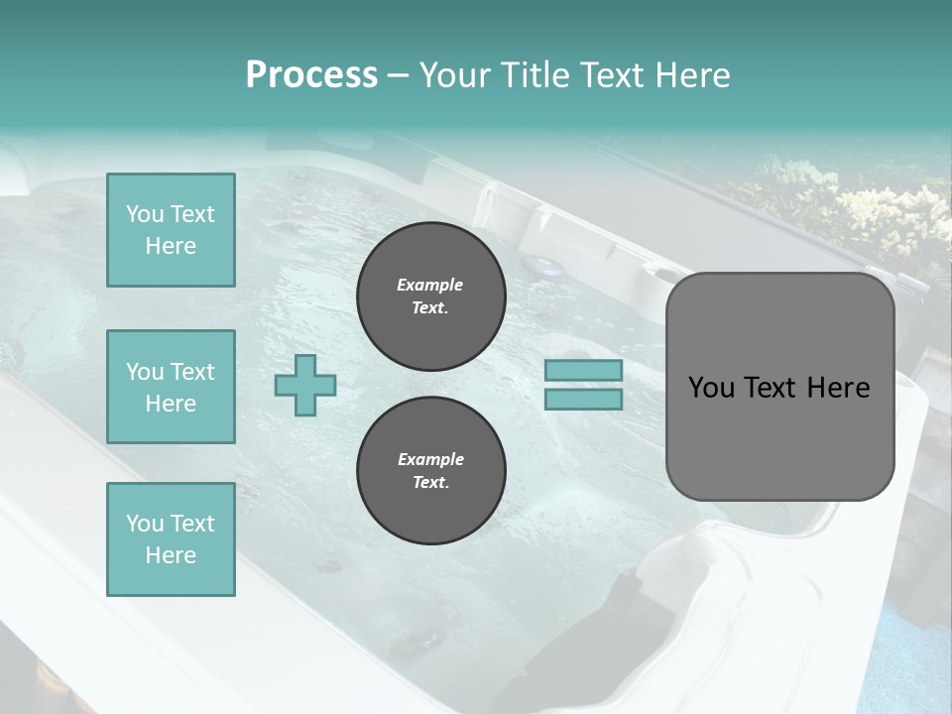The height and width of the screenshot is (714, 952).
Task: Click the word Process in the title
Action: [311, 75]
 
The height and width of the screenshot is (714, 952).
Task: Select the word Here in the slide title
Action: [688, 75]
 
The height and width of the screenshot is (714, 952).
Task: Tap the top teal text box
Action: [171, 230]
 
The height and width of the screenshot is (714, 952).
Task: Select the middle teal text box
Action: [171, 387]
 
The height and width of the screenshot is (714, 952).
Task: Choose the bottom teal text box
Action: [171, 538]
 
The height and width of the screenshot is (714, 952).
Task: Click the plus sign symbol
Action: [305, 385]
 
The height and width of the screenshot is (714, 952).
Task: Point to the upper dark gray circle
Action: [430, 297]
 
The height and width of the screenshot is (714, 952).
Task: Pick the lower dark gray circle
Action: [430, 471]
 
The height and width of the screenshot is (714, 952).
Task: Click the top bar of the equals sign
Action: [583, 371]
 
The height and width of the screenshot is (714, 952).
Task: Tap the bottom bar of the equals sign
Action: [583, 399]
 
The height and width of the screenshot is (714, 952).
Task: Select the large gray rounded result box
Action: [779, 386]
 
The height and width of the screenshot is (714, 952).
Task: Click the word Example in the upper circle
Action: [430, 285]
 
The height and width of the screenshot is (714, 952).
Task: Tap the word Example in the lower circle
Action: [430, 459]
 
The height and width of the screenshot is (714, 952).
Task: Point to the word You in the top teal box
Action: [145, 214]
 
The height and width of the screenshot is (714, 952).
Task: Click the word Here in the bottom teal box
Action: [171, 555]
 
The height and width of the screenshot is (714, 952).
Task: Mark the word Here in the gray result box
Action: [839, 388]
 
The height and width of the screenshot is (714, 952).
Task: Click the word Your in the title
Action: [456, 75]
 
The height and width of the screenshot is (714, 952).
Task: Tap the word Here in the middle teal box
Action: [171, 404]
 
